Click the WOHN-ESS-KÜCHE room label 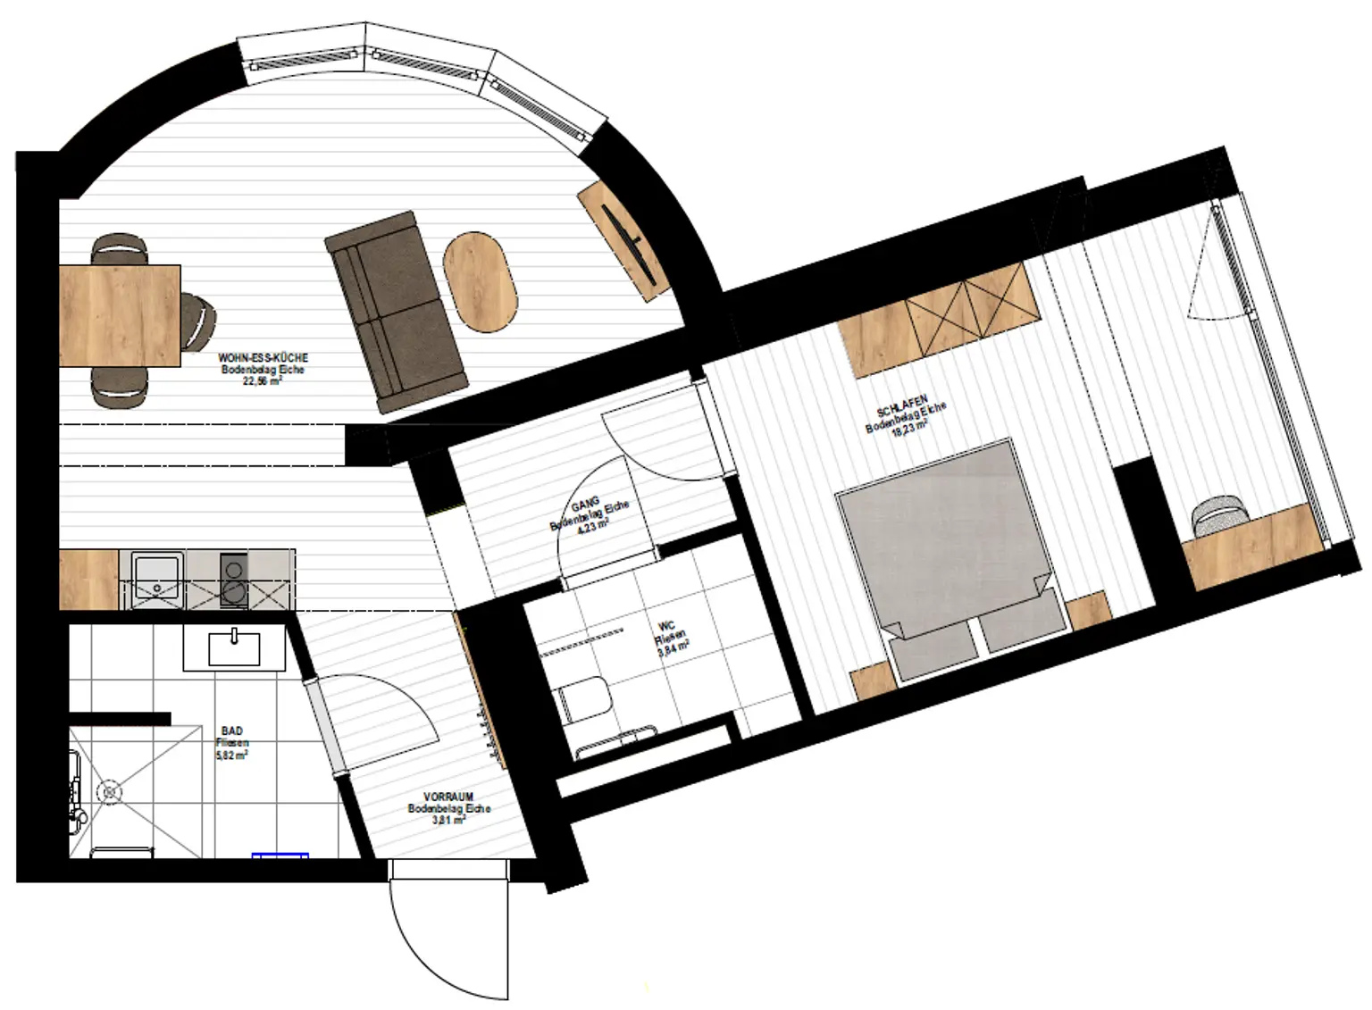(x=263, y=358)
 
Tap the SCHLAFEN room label (x=903, y=406)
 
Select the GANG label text (x=586, y=507)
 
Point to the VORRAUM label (x=448, y=797)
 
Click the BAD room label (x=230, y=730)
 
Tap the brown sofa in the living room (x=397, y=313)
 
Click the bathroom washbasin (x=234, y=648)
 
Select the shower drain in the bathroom (x=111, y=791)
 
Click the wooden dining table (x=120, y=315)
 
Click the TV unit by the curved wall (x=623, y=239)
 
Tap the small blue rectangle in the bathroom (x=280, y=856)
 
